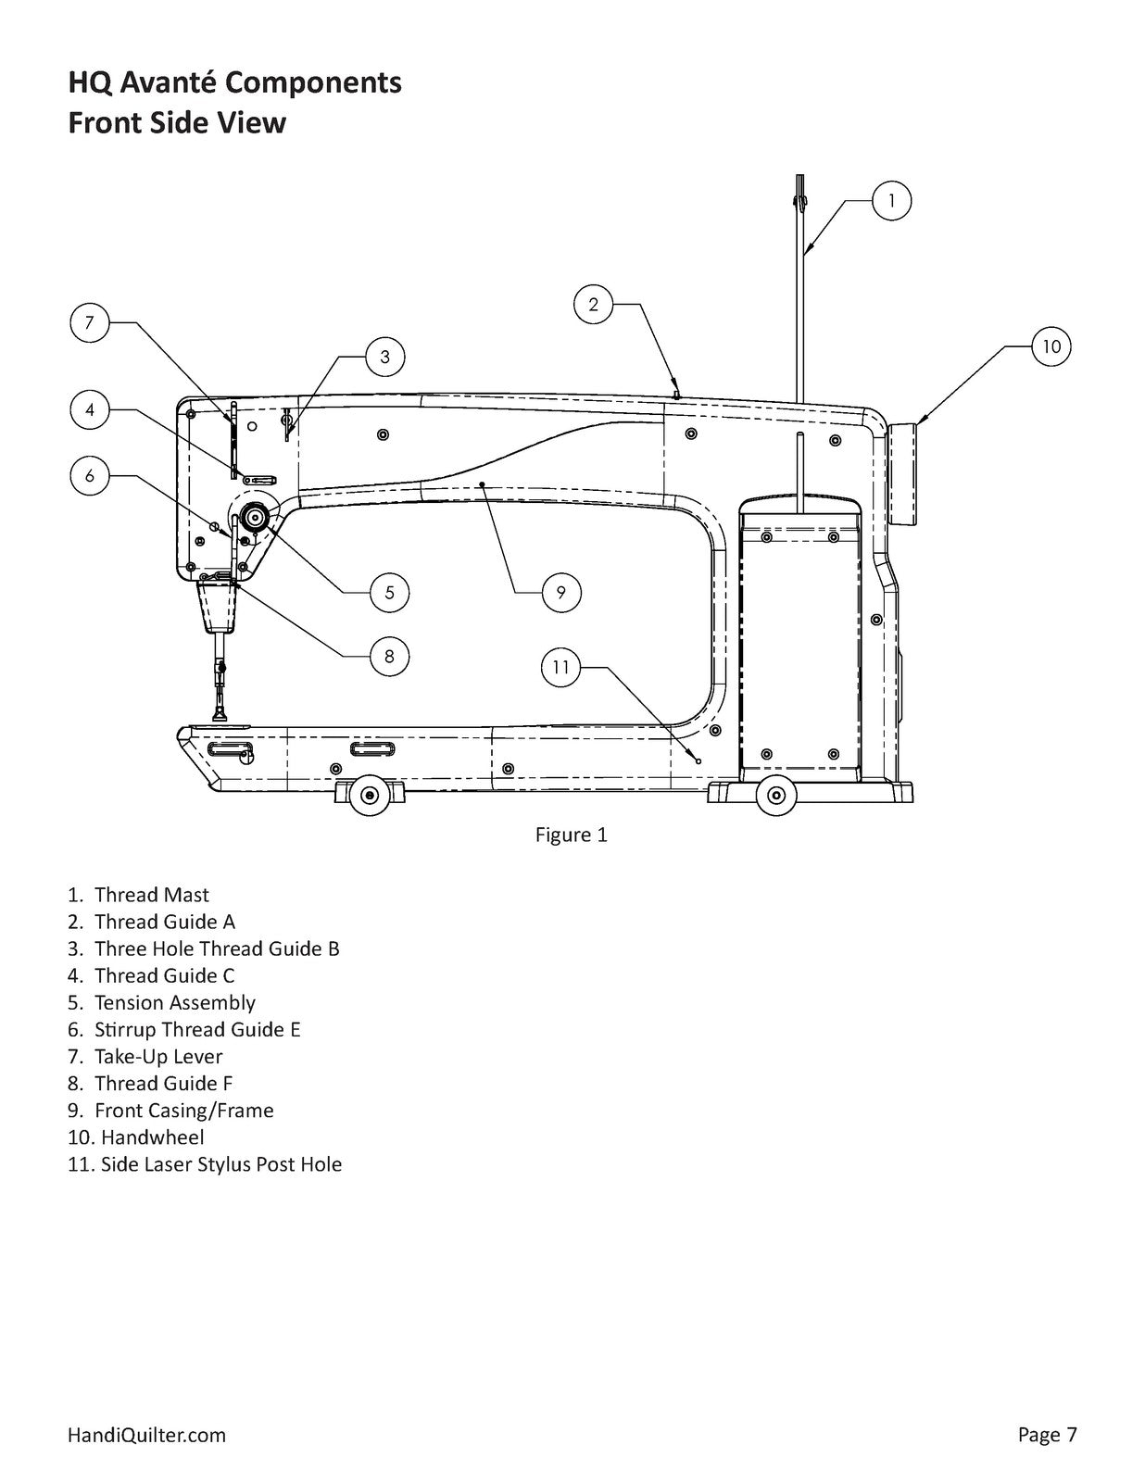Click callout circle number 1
point(891,200)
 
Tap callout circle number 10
point(1051,346)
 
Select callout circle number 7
point(90,322)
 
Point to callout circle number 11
point(560,667)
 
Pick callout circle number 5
point(389,592)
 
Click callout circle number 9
point(560,592)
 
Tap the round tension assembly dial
point(254,517)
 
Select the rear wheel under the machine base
point(775,795)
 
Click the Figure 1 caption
point(571,835)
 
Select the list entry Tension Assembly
point(174,1002)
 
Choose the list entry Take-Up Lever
point(157,1056)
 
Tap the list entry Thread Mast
point(151,895)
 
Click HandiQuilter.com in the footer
point(146,1435)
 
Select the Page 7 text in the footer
point(1047,1435)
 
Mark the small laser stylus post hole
point(698,761)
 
